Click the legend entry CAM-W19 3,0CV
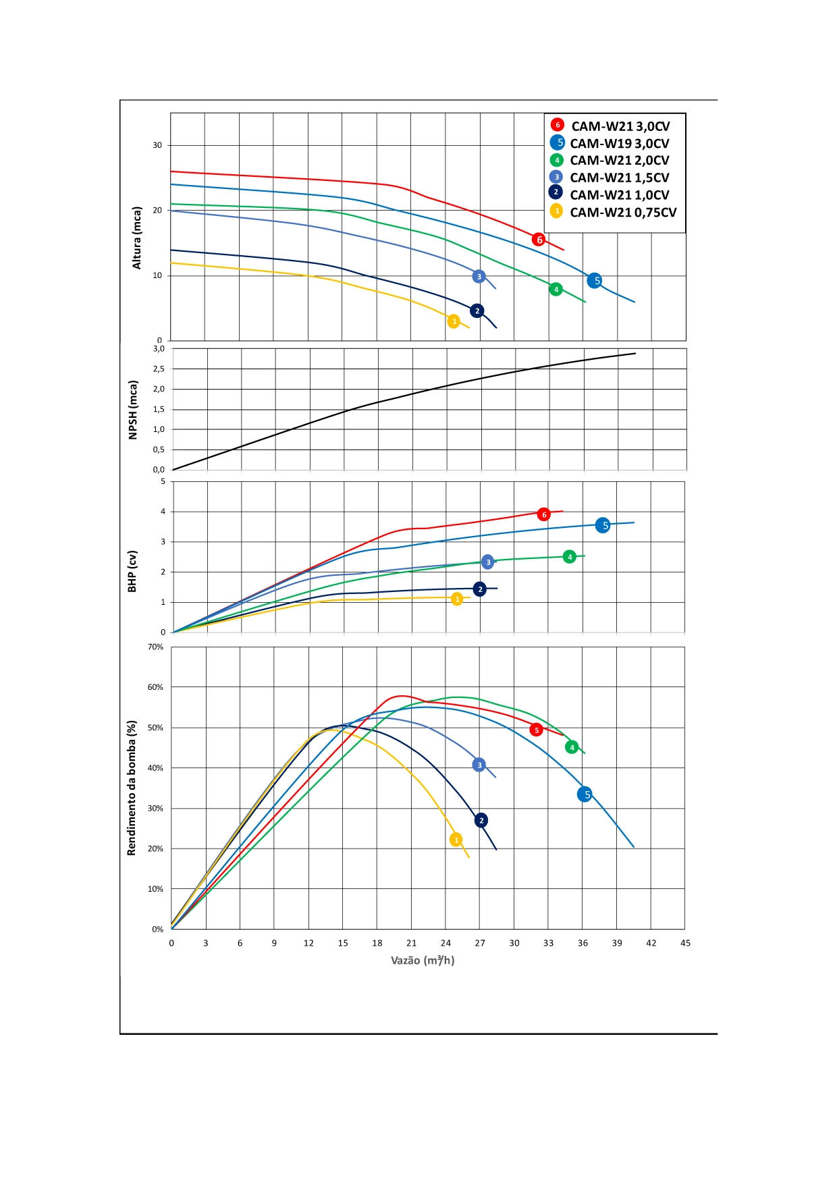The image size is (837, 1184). tap(619, 143)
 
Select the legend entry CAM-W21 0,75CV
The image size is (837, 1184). tap(622, 212)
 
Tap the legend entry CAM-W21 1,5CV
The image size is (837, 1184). tap(619, 178)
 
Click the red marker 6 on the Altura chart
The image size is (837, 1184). tap(539, 240)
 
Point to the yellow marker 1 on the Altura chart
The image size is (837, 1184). tap(454, 321)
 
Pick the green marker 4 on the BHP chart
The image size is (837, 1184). tap(570, 557)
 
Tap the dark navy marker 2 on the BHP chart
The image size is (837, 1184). tap(480, 589)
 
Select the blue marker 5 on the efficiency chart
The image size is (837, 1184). tap(585, 795)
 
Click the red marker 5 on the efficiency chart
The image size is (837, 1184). tap(537, 730)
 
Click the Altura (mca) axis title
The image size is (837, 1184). tap(137, 238)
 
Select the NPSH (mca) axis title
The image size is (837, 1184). tap(133, 410)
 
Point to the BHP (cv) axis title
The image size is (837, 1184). tap(132, 571)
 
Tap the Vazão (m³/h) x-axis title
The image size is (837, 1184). tap(423, 960)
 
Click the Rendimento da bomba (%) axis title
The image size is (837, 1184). tap(132, 788)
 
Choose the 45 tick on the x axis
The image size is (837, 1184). tap(685, 943)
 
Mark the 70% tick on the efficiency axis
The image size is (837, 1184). tap(155, 647)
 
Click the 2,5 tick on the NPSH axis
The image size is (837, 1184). tap(159, 369)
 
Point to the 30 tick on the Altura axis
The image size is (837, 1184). tap(157, 145)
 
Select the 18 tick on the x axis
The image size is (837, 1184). tap(377, 943)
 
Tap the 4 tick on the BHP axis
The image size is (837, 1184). tap(163, 512)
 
